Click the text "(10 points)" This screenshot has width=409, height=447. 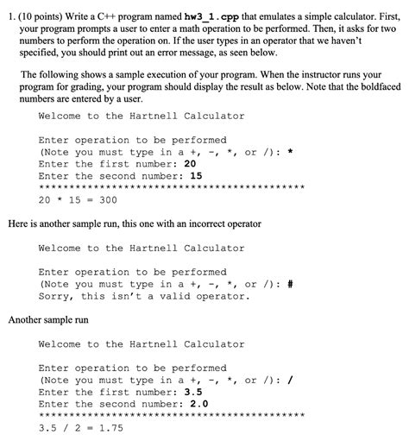coord(40,9)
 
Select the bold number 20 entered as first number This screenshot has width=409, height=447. coord(191,163)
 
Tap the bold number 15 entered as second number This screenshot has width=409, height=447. coord(196,175)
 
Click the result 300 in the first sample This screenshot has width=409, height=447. coord(108,199)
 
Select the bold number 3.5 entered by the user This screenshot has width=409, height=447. coord(194,391)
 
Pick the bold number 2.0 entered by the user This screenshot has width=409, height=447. coord(199,403)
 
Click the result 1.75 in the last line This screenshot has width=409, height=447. coord(107,427)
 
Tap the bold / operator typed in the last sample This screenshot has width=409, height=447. coord(290,379)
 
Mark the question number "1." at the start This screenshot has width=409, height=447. coord(9,9)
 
